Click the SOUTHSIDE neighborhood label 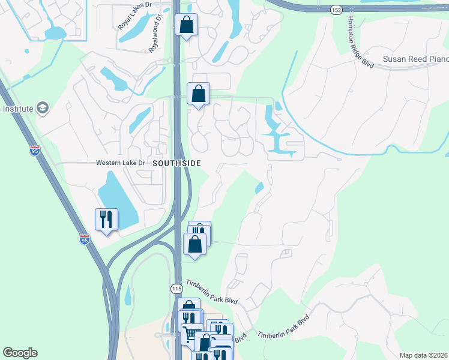point(176,163)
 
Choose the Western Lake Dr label point(121,163)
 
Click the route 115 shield point(176,289)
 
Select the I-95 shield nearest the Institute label point(35,149)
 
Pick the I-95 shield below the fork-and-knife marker point(84,239)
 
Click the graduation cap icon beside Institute point(43,109)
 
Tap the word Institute point(18,109)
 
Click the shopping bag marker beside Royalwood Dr point(186,25)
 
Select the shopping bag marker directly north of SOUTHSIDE point(198,94)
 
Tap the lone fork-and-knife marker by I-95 point(106,220)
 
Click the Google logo point(20,353)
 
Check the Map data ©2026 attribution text point(424,355)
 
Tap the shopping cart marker point(191,334)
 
